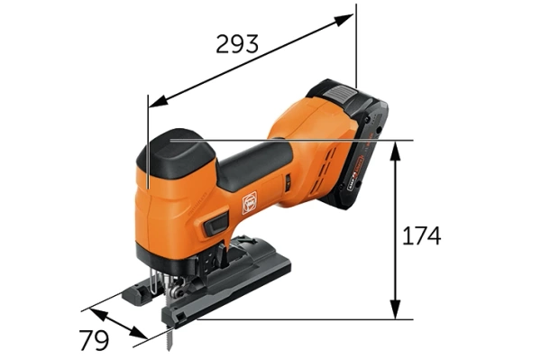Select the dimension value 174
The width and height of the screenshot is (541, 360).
point(422,236)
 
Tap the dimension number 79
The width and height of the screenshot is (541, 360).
point(93,341)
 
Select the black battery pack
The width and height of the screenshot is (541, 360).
point(365,144)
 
